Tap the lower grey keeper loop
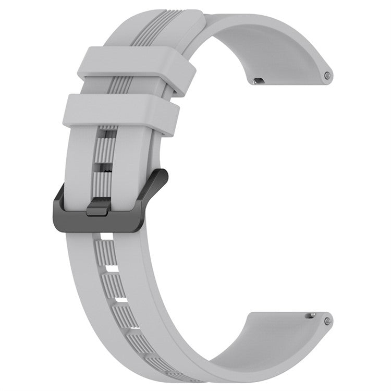coord(122,109)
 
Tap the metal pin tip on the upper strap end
coord(327,76)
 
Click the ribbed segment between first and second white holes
coord(110,253)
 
